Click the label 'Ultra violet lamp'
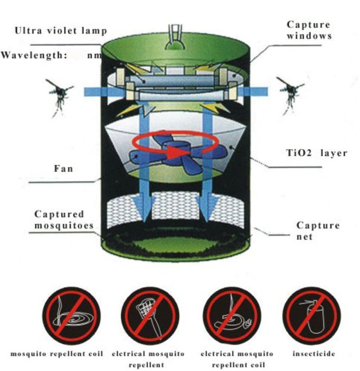point(61,31)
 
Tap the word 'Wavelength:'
point(33,55)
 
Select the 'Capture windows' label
point(308,30)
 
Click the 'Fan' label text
point(64,168)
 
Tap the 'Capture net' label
point(318,231)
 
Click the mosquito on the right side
point(289,95)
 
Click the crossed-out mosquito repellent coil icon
point(71,315)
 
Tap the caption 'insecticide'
point(314,354)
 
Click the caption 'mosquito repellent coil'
point(56,354)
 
